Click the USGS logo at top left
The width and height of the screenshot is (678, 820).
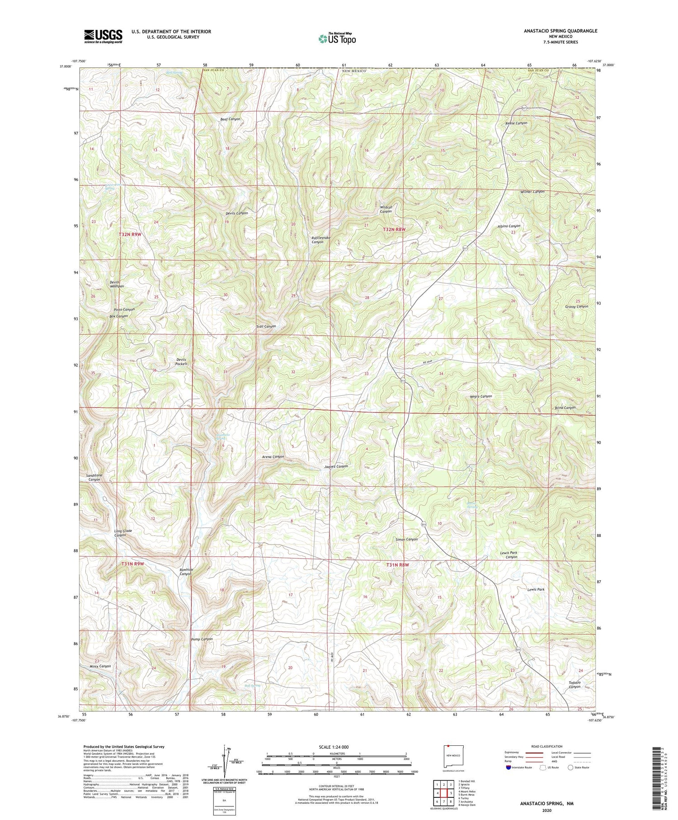(x=103, y=36)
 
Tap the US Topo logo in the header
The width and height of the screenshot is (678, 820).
(x=337, y=39)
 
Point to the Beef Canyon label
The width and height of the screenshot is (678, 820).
(x=230, y=119)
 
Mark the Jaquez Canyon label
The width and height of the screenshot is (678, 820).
(x=336, y=466)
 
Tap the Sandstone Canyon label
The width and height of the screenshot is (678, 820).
(x=94, y=477)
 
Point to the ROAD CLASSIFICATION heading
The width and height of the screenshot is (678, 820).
(x=544, y=746)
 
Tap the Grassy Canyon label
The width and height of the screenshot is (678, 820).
(x=576, y=306)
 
